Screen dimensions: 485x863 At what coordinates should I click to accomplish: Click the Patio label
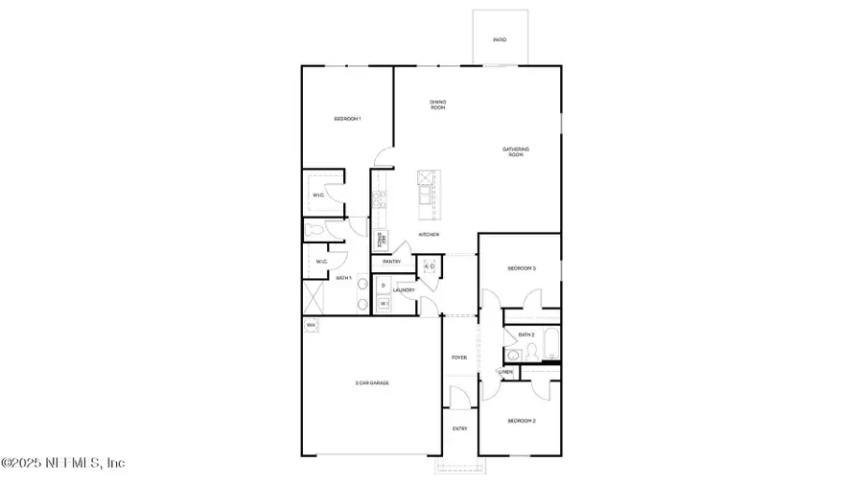(499, 40)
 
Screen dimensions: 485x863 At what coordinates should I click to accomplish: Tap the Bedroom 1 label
(346, 119)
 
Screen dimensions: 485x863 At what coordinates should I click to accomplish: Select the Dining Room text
(437, 104)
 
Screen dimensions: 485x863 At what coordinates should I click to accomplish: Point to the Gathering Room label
(516, 151)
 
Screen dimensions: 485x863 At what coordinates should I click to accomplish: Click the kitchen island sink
(426, 179)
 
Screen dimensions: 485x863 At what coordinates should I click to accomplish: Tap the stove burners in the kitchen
(379, 199)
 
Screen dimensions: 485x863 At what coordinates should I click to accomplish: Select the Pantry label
(391, 261)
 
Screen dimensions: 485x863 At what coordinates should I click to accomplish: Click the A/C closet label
(430, 266)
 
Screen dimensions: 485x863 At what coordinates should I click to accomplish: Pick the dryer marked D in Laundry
(383, 286)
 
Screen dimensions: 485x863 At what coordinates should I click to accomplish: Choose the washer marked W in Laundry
(383, 304)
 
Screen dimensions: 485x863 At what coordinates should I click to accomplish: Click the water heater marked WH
(311, 326)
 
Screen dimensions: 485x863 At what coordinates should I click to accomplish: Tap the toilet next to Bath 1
(313, 230)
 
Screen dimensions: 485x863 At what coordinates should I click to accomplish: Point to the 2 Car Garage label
(372, 382)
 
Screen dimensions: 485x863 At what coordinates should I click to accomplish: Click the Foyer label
(460, 358)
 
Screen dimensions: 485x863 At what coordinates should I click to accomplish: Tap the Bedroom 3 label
(522, 269)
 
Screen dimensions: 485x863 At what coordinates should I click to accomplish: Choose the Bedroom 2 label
(521, 421)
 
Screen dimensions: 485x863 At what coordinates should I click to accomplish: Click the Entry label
(460, 428)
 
